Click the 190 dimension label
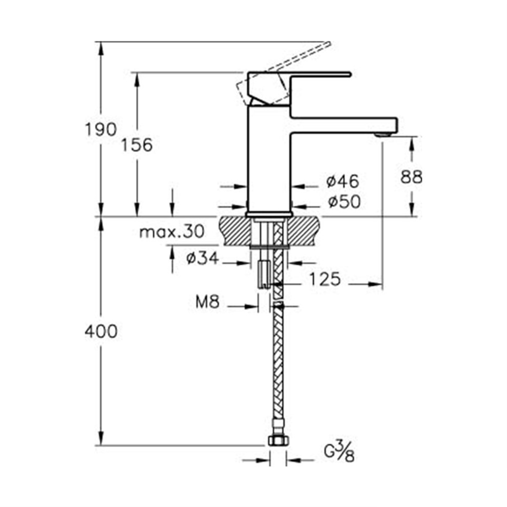100,130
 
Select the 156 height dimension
137,145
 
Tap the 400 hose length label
101,332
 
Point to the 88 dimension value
411,177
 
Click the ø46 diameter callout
343,181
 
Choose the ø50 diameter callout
344,202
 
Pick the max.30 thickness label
172,232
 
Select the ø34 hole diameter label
203,258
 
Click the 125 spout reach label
325,279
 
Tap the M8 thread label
207,302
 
